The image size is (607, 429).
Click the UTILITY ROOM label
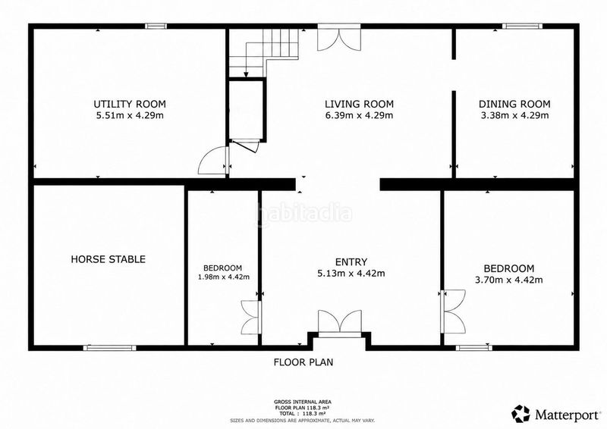tap(130, 104)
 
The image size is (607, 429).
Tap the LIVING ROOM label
tap(359, 104)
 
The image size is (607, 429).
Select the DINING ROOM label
tap(514, 104)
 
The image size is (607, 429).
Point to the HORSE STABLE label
tap(108, 259)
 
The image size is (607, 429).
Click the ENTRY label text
tap(351, 262)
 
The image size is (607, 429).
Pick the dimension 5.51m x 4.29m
tap(130, 115)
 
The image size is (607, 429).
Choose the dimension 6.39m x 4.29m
tap(359, 115)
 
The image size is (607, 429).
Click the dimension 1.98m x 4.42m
tap(224, 277)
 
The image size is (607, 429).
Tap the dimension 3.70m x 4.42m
tap(508, 280)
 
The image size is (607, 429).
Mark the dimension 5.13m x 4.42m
tap(351, 274)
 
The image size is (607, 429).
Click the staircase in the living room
tap(263, 52)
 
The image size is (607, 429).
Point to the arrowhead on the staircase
tap(246, 74)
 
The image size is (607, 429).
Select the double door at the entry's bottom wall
tap(339, 322)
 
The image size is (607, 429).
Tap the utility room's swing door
tap(213, 160)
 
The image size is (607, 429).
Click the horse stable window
tap(110, 348)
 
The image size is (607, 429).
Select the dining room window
tap(522, 27)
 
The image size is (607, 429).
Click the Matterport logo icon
tap(521, 414)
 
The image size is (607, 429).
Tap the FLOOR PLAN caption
tap(303, 362)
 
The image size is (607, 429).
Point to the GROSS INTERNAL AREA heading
tap(303, 402)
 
